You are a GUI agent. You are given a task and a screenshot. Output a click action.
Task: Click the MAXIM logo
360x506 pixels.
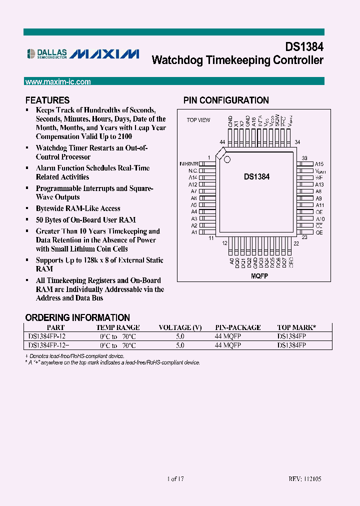coord(104,54)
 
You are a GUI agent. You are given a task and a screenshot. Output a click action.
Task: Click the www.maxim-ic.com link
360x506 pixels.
coord(57,81)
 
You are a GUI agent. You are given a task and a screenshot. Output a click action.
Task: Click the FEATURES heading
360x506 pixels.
coord(47,100)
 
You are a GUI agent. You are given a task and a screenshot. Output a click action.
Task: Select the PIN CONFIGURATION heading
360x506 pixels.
coord(226,100)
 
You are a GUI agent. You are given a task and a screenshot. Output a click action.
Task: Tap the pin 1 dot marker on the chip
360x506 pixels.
coord(226,159)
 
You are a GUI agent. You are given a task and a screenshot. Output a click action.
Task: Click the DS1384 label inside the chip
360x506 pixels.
coord(256,176)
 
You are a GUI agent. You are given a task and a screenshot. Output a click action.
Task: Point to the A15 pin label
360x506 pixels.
coord(319,164)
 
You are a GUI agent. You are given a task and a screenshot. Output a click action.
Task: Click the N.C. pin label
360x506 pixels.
coord(192,170)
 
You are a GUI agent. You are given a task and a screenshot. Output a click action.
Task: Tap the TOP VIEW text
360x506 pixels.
coord(198,120)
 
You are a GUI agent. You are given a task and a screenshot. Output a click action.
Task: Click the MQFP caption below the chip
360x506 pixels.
coord(257,276)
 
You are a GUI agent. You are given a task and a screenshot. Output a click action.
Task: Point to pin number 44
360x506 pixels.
coord(222,142)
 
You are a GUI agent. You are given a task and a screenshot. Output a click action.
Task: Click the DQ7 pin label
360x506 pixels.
coord(284,262)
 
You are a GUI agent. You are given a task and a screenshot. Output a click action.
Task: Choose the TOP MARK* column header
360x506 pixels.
coord(296,327)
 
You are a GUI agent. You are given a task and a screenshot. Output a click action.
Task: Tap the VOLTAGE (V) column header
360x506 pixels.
coord(180,327)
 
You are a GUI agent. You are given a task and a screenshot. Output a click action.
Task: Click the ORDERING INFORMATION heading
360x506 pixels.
coord(77,317)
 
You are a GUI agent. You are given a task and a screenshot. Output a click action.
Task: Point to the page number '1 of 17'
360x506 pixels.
coord(175,479)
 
